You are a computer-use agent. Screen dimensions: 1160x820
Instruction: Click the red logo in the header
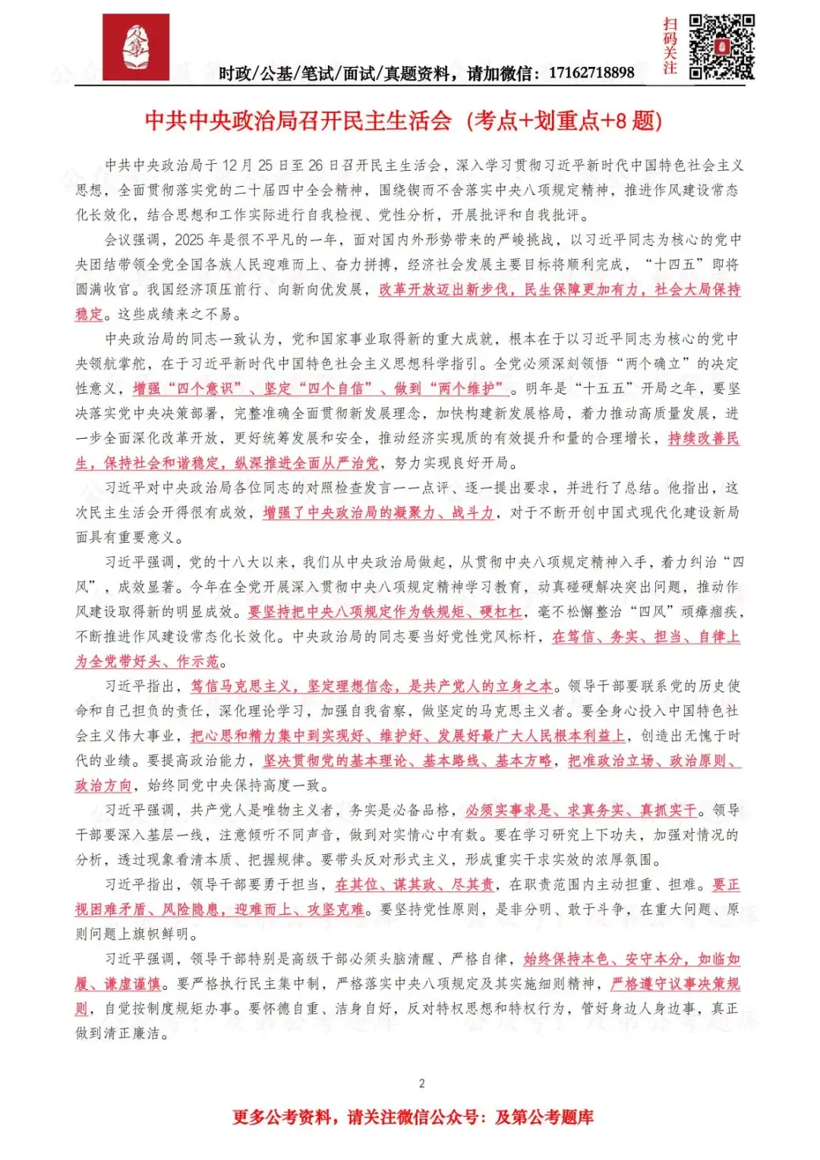[136, 47]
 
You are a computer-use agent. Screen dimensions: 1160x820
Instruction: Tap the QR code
[721, 47]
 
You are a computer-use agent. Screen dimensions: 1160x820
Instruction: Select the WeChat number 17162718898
[591, 73]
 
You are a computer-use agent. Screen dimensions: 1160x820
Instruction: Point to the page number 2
[422, 1083]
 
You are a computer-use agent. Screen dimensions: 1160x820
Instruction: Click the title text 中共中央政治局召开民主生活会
[298, 121]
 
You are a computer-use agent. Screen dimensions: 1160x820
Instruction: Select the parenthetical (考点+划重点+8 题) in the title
[563, 121]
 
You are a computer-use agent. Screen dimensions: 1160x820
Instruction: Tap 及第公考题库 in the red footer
[544, 1117]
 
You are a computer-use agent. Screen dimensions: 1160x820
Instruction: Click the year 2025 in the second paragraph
[189, 240]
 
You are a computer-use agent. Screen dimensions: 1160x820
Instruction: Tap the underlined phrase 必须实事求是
[508, 810]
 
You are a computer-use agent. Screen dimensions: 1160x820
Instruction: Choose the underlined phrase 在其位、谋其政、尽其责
[415, 884]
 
